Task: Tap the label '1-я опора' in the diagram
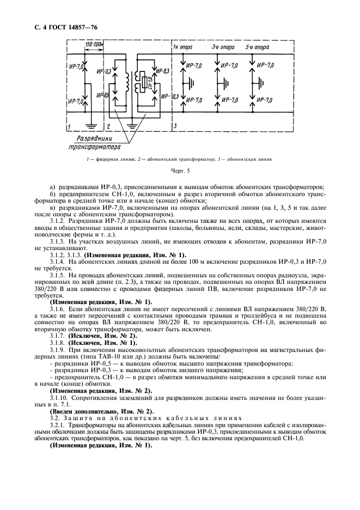click(182, 47)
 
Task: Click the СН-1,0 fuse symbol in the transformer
click(143, 83)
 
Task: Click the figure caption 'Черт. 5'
click(180, 171)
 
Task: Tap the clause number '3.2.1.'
click(59, 425)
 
